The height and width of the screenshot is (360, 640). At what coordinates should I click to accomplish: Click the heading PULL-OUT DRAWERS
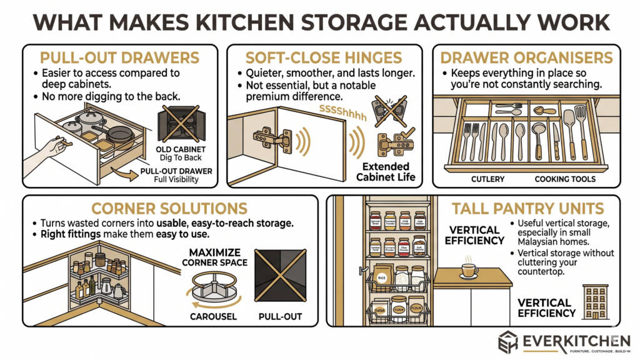click(120, 59)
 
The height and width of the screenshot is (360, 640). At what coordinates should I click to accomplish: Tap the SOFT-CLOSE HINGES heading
click(324, 59)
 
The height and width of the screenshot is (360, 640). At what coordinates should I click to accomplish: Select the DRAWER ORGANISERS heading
click(527, 59)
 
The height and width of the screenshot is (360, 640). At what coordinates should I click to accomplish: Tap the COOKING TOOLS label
click(565, 179)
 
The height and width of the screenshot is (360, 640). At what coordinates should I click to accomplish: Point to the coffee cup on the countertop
click(468, 269)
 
